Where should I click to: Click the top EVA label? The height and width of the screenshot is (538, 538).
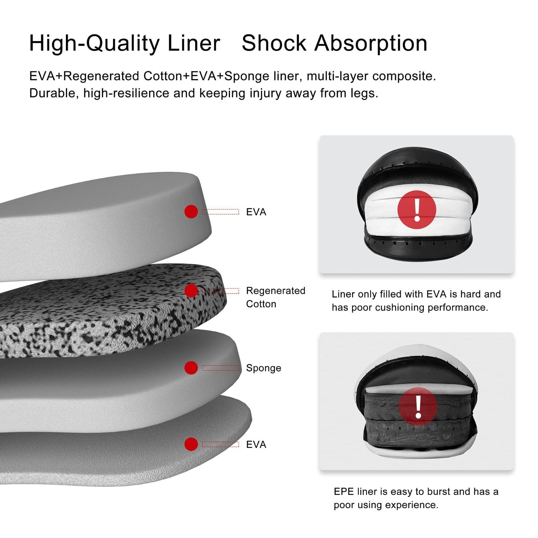[256, 212]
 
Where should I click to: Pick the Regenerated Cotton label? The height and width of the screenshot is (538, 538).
[275, 297]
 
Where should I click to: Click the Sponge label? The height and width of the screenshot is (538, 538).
[263, 368]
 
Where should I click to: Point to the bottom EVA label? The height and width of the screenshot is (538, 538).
[256, 445]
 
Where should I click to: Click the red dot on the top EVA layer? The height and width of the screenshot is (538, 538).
[191, 212]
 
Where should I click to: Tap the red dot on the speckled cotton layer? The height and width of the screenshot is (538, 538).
[191, 291]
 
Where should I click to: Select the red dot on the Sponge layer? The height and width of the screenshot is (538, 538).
[191, 368]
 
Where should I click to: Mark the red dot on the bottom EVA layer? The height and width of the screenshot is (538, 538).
[191, 444]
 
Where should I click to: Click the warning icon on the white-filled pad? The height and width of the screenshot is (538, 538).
[417, 210]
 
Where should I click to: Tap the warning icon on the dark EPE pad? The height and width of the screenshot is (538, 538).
[418, 406]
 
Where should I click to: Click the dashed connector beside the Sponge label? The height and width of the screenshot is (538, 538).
[220, 368]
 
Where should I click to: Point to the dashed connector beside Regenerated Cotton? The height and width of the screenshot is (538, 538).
[220, 291]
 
